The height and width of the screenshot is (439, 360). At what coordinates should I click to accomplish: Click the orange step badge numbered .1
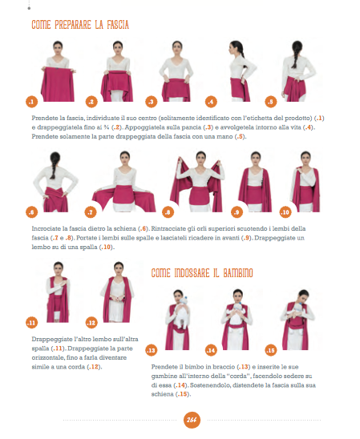[x=31, y=102]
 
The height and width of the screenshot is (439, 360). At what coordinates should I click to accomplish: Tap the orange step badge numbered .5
[x=271, y=102]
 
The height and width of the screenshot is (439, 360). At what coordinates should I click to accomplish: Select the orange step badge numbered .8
[x=168, y=212]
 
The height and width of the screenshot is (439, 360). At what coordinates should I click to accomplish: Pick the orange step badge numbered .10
[x=285, y=212]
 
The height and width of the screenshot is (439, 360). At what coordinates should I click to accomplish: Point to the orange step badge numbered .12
[x=91, y=323]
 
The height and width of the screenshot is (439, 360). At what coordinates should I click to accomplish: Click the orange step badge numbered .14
[x=211, y=350]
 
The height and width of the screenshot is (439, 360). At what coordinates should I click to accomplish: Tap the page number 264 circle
[x=192, y=420]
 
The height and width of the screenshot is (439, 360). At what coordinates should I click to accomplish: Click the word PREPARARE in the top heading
[x=73, y=25]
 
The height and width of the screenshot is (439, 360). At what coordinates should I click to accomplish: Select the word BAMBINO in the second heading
[x=238, y=273]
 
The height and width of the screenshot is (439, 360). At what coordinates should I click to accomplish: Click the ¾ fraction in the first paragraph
[x=106, y=127]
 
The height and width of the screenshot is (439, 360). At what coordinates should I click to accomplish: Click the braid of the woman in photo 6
[x=53, y=167]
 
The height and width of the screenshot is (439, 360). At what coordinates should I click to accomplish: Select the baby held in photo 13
[x=180, y=312]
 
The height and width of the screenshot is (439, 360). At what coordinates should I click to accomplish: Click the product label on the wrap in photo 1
[x=57, y=68]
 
